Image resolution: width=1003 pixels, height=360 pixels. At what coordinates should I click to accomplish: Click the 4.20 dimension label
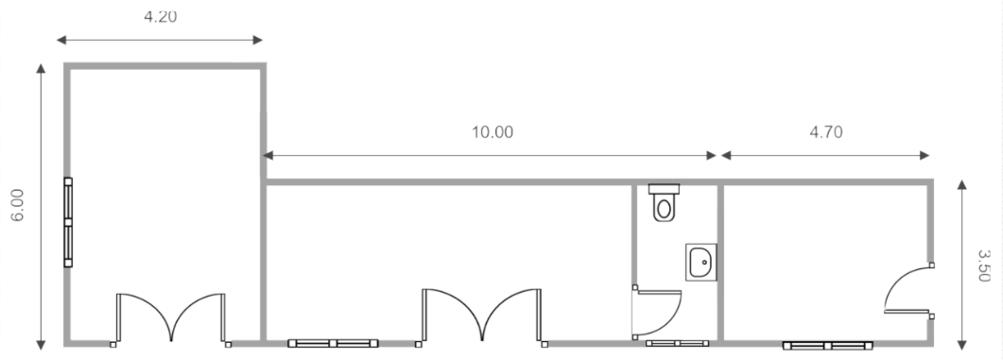pos(160,16)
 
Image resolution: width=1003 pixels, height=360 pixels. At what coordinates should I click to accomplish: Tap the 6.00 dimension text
pos(17,205)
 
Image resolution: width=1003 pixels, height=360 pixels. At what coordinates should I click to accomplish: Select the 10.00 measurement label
pos(493,132)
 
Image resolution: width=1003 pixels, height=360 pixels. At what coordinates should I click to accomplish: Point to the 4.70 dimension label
pos(825,132)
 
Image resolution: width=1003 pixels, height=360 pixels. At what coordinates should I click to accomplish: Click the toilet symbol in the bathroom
pos(665,202)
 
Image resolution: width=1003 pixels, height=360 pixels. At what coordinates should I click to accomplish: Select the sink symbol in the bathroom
pos(701,262)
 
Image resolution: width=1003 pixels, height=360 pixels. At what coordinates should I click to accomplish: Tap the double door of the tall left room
pos(171,318)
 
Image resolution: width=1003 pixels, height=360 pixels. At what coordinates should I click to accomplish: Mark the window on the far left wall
pos(68,222)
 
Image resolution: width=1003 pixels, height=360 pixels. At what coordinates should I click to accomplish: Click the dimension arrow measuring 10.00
pos(493,155)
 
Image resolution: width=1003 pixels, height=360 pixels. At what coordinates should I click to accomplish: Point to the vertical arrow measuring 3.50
pos(961,265)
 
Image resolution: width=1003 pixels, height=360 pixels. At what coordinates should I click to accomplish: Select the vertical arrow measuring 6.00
pos(41,205)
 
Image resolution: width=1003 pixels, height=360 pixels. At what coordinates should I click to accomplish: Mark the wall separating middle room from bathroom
pos(632,236)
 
